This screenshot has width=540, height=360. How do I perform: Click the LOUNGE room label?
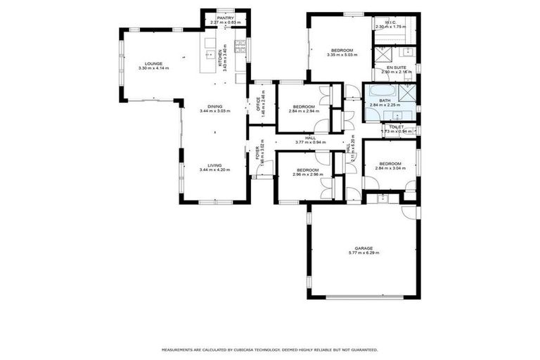154,63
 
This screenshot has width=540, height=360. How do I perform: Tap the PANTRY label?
226,18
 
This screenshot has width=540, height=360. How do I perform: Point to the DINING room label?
214,106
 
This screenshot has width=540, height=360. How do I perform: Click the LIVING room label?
214,165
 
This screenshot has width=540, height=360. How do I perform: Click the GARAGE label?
364,248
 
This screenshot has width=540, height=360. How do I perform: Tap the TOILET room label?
396,127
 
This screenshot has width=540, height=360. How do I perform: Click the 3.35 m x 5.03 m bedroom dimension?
342,55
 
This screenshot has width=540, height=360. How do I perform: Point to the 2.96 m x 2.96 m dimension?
307,174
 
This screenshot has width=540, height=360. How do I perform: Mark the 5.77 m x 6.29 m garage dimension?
364,253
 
